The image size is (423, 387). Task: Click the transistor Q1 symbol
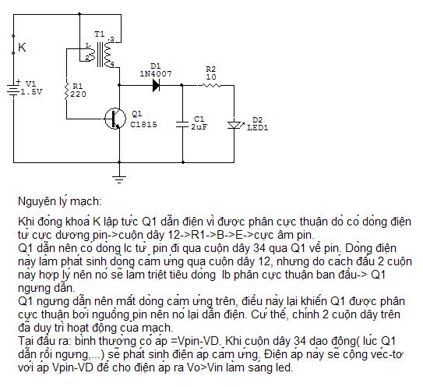pos(115,119)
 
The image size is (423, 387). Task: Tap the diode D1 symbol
pos(156,85)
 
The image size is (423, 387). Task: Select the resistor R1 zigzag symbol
pos(66,91)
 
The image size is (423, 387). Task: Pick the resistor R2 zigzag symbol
pos(211,85)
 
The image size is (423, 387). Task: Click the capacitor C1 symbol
pos(182,124)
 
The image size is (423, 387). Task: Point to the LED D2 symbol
pos(234,125)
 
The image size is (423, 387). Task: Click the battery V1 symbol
pos(13,89)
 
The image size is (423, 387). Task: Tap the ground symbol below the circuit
pos(119,179)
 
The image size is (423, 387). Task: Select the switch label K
pos(22,48)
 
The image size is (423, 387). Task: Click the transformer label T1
pos(99,34)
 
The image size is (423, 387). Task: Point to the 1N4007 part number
pos(156,74)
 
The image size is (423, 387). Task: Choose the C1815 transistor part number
pos(143,124)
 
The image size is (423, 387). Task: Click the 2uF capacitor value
pos(199,127)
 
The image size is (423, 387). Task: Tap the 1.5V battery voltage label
pos(32,92)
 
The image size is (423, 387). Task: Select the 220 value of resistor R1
pos(78,94)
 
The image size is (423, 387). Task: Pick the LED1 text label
pos(258,127)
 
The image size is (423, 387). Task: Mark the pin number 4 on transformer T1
pos(112,64)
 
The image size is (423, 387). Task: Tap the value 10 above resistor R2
pos(211,77)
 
